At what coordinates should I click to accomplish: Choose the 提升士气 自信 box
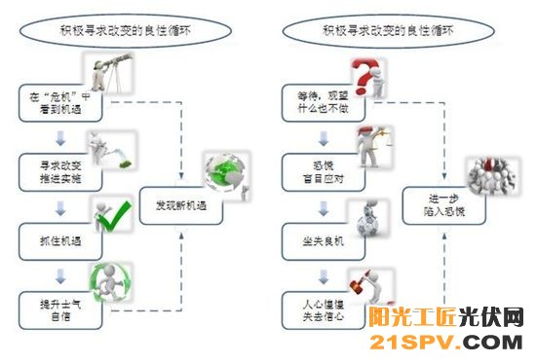pyautogui.click(x=57, y=306)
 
